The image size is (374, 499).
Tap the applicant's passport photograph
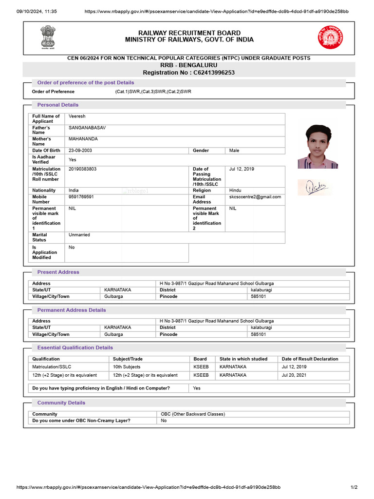click(318, 147)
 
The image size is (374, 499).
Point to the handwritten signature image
click(314, 187)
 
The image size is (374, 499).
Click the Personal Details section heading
click(57, 105)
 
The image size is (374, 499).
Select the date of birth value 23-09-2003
click(80, 151)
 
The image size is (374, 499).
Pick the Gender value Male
click(234, 151)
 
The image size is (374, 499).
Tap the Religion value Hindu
click(236, 191)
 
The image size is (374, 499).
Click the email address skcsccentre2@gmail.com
click(255, 197)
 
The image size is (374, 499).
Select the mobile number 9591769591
click(81, 197)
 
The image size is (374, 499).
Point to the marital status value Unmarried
click(79, 235)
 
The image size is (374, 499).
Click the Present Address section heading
click(58, 272)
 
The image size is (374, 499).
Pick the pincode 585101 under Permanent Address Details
click(258, 335)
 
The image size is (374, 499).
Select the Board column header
click(200, 359)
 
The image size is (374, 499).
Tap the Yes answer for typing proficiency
click(197, 388)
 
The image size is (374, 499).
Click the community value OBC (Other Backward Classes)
click(193, 414)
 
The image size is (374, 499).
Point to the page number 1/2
click(354, 487)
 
